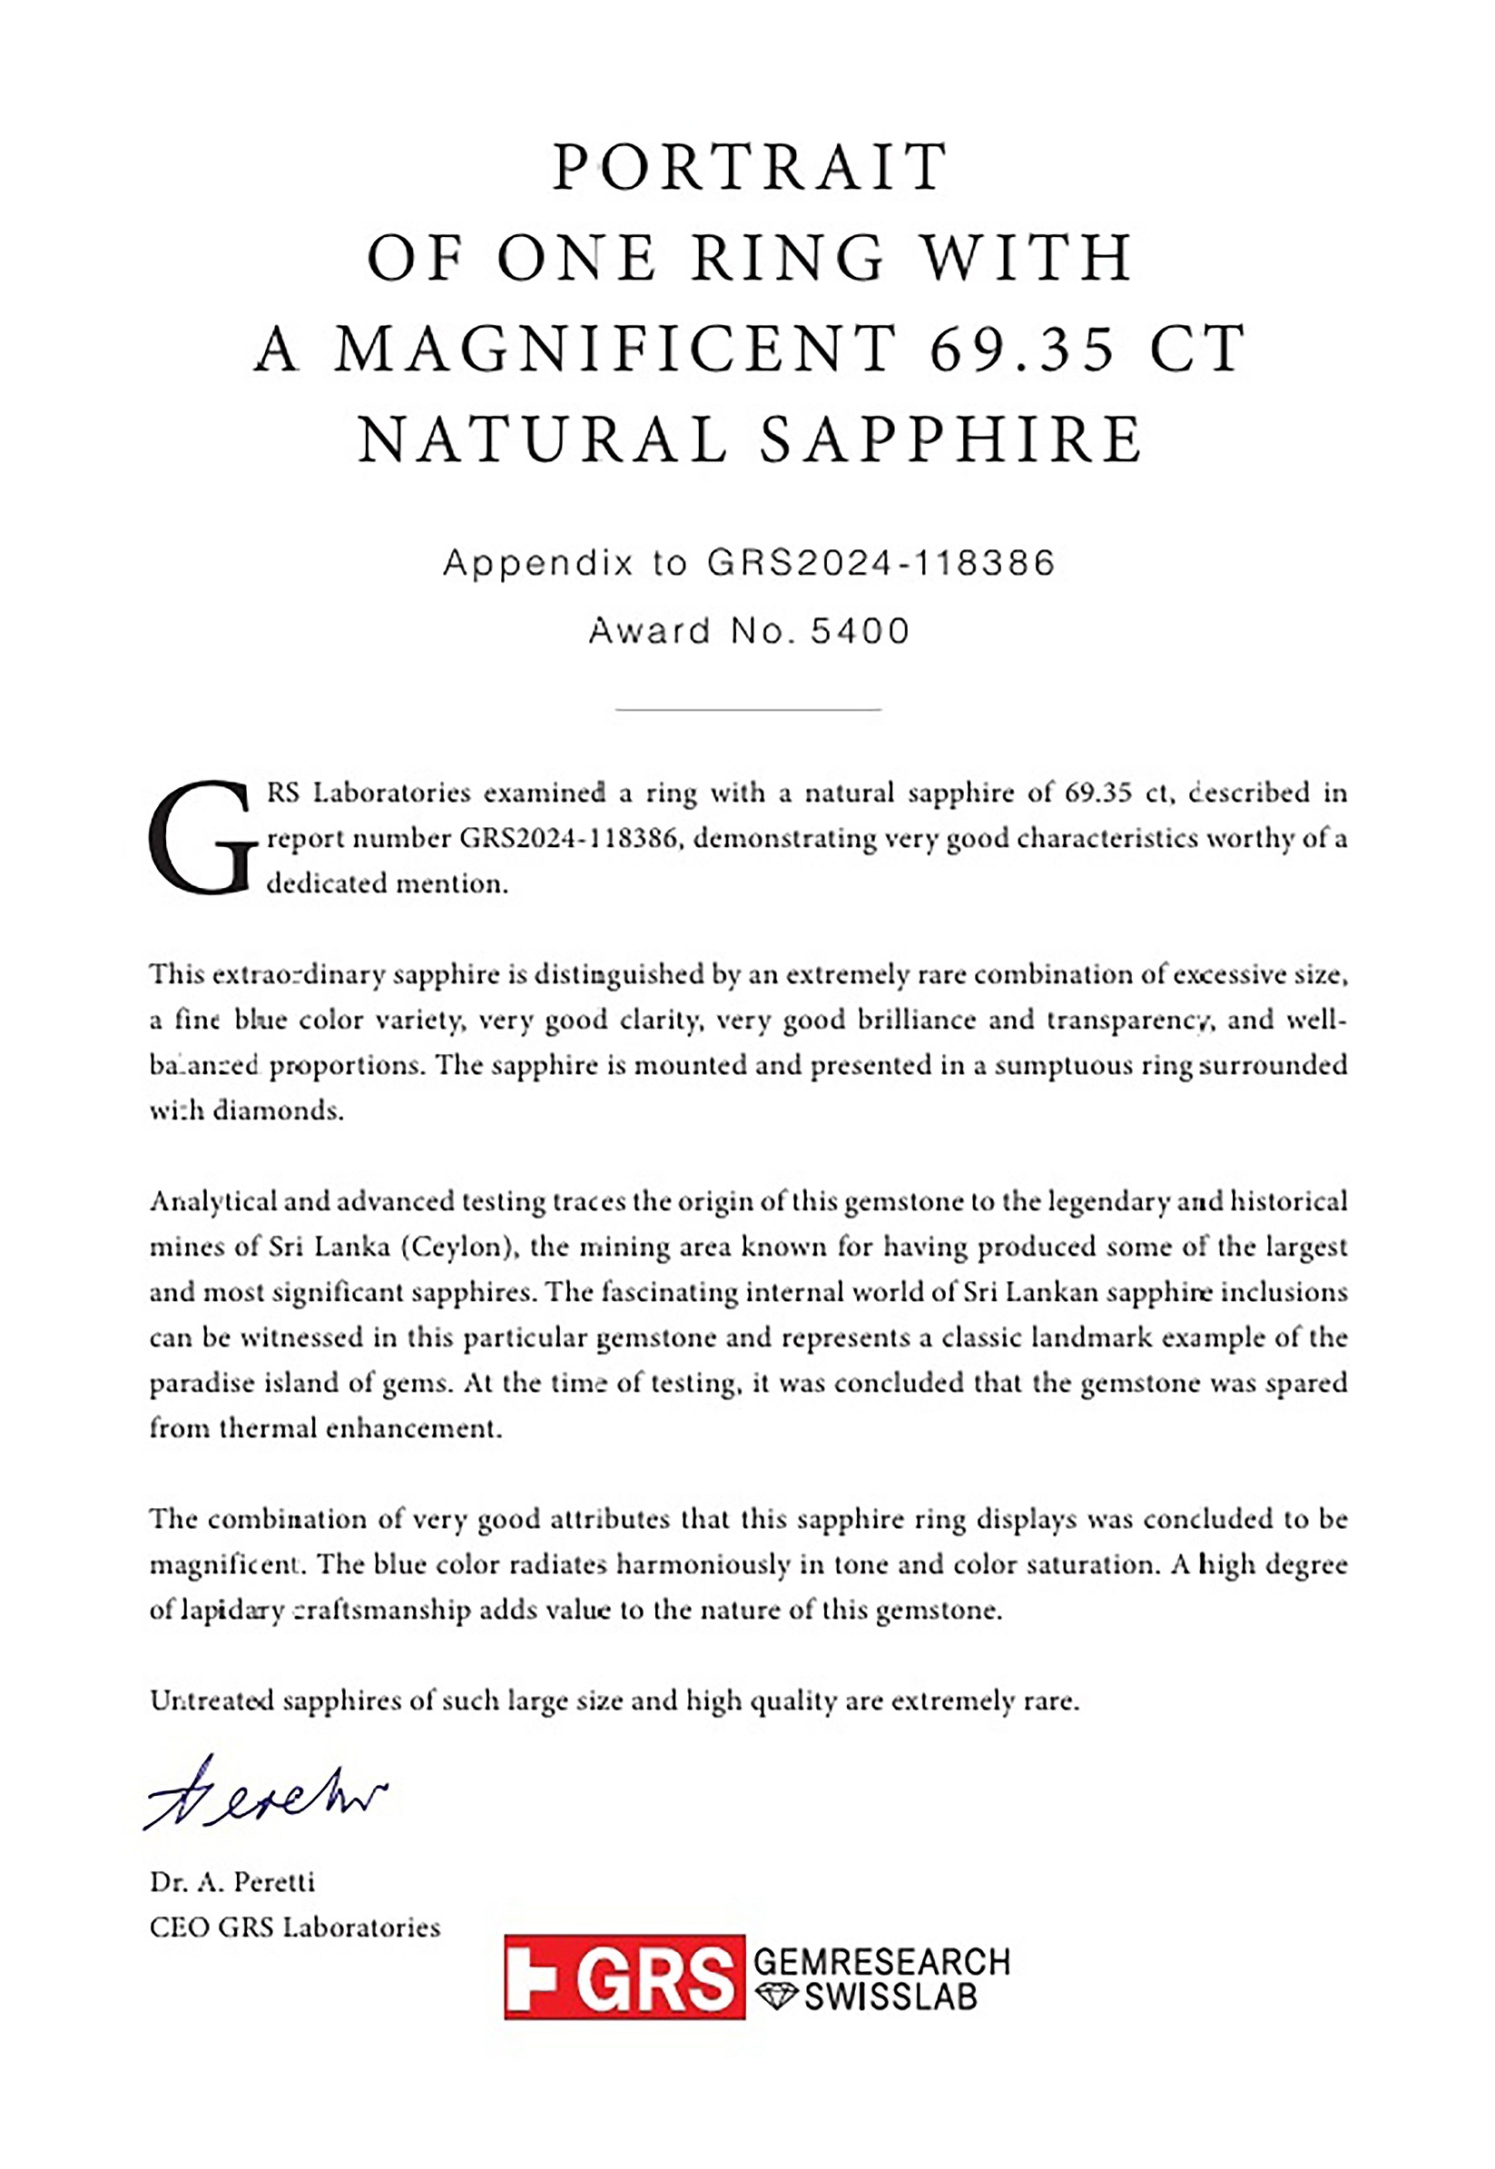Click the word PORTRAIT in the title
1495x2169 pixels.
750,167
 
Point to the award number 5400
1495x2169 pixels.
860,631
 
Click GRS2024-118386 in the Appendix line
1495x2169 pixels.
880,562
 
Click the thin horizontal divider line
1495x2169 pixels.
748,710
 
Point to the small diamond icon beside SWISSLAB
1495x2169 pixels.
775,1997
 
